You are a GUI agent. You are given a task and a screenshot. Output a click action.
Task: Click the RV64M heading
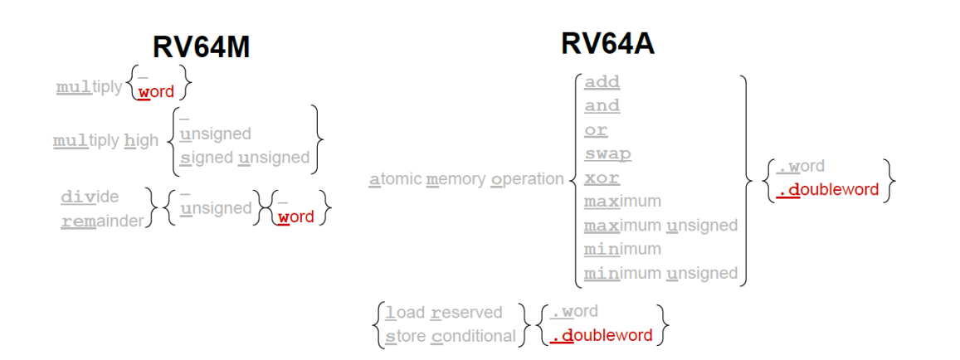point(201,47)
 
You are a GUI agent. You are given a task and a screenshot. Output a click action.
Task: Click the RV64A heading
point(607,43)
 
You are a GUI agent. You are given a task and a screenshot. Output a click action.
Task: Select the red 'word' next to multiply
point(156,91)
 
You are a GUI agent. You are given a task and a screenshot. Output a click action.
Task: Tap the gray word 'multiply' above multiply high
point(89,87)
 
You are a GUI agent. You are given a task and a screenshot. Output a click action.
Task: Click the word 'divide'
point(90,197)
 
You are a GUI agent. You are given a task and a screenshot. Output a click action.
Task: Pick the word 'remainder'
point(102,221)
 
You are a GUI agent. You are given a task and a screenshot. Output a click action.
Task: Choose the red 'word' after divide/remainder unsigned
point(295,217)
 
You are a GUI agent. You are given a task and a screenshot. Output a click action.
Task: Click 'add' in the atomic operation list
point(602,82)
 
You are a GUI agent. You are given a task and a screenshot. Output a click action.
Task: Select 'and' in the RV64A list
point(602,106)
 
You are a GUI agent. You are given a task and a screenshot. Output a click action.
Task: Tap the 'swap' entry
point(607,154)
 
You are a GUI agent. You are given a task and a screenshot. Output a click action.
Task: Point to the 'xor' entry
point(602,178)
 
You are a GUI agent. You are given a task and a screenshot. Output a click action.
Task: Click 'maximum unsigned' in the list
point(660,226)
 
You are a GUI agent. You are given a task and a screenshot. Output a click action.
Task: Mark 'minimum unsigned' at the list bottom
point(660,273)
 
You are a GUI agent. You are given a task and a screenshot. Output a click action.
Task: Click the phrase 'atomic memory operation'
point(466,179)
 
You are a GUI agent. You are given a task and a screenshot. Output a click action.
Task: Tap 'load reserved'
point(444,312)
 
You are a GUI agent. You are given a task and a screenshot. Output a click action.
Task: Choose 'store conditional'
point(451,336)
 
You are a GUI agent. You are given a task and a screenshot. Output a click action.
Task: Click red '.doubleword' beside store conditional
point(601,336)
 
